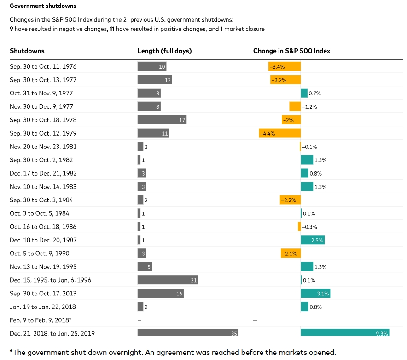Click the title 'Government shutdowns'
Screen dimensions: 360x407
(43, 6)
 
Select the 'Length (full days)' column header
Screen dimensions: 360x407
(164, 51)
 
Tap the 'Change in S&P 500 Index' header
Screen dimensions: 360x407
(291, 51)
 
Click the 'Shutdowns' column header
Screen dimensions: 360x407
(27, 51)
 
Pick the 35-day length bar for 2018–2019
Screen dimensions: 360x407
(188, 333)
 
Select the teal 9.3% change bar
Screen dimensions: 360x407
(345, 333)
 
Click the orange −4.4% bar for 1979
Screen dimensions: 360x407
(280, 133)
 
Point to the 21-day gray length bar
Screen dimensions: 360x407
(168, 280)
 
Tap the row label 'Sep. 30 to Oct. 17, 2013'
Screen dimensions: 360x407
(43, 293)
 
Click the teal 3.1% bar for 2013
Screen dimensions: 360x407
(315, 293)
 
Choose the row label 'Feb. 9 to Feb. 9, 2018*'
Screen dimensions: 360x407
(41, 320)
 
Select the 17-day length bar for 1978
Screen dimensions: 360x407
(162, 120)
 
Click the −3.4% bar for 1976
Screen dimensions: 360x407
(285, 66)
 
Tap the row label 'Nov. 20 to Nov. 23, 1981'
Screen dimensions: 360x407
(43, 147)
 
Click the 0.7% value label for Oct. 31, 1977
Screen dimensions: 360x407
(314, 94)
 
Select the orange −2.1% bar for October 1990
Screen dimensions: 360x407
(291, 253)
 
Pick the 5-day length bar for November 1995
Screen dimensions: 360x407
(145, 266)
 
